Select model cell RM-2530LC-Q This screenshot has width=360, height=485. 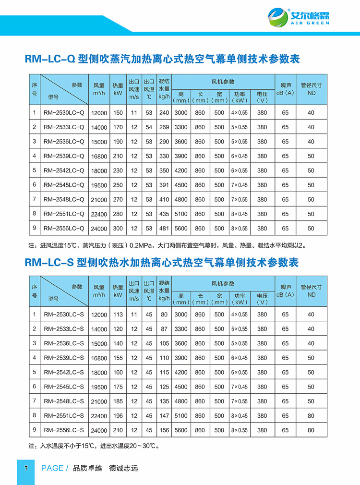click(64, 113)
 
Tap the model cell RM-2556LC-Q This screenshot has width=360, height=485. click(64, 228)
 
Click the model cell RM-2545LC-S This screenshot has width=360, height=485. click(64, 387)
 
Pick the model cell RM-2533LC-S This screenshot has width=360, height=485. click(64, 329)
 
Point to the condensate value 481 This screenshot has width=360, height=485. click(164, 228)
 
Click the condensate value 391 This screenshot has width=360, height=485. click(164, 185)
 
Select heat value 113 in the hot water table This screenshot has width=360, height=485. click(118, 315)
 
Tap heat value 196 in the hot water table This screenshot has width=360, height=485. click(118, 415)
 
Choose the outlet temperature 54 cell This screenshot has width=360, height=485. click(149, 127)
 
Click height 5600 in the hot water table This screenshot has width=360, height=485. click(181, 430)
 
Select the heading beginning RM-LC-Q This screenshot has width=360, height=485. click(162, 59)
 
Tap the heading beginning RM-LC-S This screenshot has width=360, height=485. click(161, 262)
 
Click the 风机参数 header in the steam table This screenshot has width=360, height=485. click(223, 81)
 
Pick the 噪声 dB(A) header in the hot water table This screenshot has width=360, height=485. click(285, 290)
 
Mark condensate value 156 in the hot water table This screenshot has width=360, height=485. click(164, 430)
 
